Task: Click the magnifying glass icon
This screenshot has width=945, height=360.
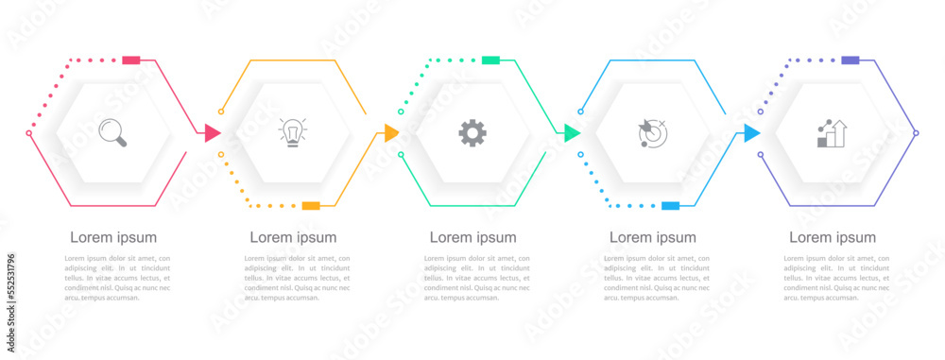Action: (x=112, y=132)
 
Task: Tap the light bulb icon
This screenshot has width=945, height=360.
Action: (x=293, y=132)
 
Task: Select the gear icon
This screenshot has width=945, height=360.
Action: (x=472, y=132)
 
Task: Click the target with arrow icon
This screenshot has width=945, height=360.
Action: (x=652, y=133)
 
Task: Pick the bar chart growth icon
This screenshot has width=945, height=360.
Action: (x=832, y=133)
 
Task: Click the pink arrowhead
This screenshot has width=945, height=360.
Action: (x=213, y=133)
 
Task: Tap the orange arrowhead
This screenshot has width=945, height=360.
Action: (x=392, y=133)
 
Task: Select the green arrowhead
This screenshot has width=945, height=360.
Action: (x=572, y=133)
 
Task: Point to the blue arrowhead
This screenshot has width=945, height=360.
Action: (x=751, y=133)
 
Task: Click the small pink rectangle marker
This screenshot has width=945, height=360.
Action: (x=131, y=60)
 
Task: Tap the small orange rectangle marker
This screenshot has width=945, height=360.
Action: (x=311, y=205)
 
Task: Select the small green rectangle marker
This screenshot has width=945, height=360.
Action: (x=490, y=60)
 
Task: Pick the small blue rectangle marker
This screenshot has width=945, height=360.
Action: (x=670, y=205)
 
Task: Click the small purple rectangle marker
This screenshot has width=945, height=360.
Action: (x=850, y=60)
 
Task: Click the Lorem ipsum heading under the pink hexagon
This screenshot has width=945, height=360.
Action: (x=113, y=237)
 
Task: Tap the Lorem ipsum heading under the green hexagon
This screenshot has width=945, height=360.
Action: (x=472, y=237)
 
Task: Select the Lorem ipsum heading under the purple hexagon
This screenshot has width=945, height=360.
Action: (x=833, y=237)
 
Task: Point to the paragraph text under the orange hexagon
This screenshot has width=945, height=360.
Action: (x=297, y=278)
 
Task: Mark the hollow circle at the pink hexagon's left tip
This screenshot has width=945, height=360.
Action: (x=28, y=133)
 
